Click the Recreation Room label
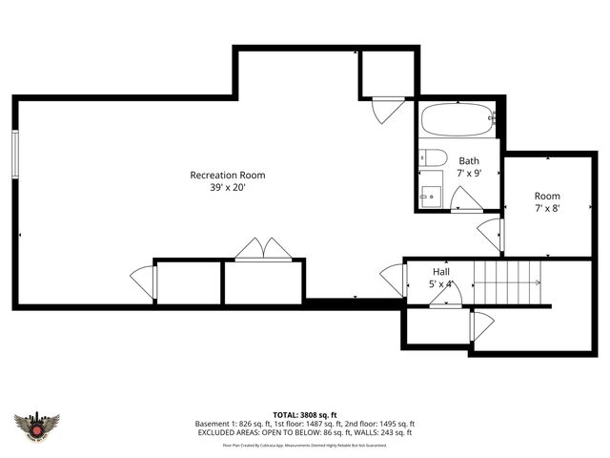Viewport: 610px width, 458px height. (227, 175)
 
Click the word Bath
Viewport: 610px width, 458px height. (469, 160)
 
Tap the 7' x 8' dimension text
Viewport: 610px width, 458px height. (546, 207)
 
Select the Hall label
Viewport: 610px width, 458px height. (441, 271)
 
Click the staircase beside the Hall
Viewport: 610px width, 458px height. (509, 281)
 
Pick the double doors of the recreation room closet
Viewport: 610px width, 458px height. (263, 248)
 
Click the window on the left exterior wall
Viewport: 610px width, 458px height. (15, 153)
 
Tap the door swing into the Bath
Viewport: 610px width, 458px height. (465, 199)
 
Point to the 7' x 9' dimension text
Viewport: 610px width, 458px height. (469, 174)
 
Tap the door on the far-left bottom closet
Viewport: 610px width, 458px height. (143, 281)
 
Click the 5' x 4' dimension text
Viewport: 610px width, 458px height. (441, 283)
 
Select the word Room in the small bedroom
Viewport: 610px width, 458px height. (546, 195)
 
